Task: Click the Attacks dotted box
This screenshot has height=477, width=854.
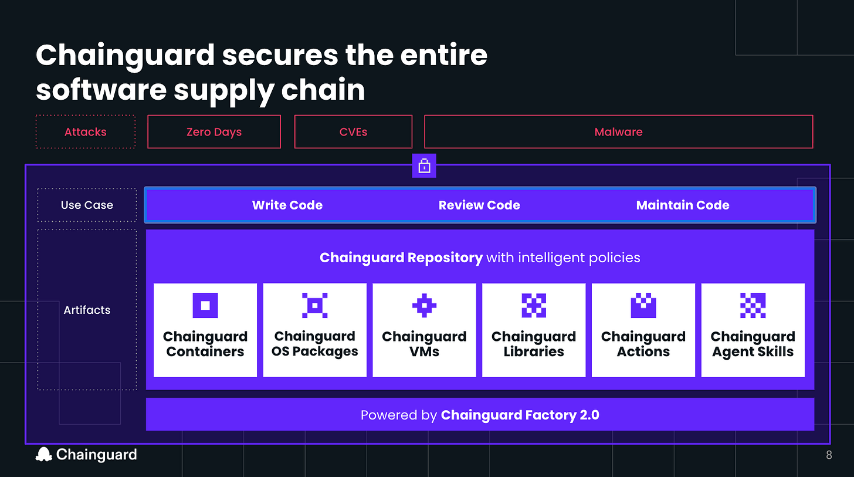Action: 86,132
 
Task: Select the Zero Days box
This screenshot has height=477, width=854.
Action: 214,132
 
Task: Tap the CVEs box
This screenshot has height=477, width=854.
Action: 353,132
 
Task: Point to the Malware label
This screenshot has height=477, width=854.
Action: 618,132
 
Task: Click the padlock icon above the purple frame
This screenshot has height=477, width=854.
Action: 424,167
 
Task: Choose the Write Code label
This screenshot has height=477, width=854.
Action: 287,205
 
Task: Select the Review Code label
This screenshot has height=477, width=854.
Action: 479,205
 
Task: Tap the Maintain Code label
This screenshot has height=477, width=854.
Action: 683,205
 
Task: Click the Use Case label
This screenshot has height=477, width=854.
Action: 87,205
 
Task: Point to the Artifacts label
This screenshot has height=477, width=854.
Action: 87,310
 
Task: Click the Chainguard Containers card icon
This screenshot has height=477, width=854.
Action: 205,305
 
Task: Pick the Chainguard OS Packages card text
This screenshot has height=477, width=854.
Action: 315,344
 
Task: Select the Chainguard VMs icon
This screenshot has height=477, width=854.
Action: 424,305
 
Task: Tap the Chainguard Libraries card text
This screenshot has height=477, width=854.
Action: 534,344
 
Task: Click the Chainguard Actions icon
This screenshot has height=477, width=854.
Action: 643,305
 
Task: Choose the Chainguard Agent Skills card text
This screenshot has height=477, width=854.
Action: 753,344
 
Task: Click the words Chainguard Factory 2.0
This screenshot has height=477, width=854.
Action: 520,415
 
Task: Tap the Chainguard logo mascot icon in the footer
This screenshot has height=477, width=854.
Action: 44,454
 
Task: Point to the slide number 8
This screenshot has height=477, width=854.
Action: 829,455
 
